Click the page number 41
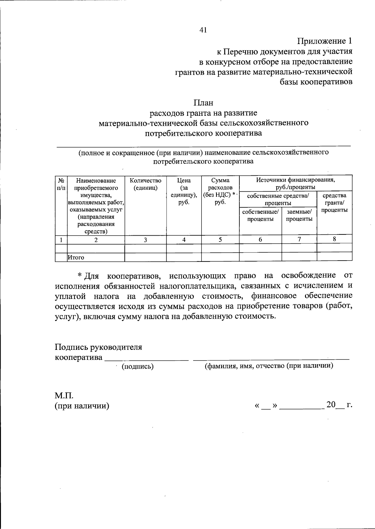[x=203, y=30]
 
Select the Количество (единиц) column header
[x=145, y=184]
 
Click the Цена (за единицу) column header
[x=184, y=191]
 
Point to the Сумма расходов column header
[x=220, y=191]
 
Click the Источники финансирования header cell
[x=296, y=184]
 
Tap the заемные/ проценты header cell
[x=299, y=215]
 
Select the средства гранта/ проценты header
[x=334, y=203]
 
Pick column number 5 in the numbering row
[x=220, y=240]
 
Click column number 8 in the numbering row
[x=334, y=239]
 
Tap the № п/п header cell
[x=61, y=184]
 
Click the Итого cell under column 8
[x=334, y=257]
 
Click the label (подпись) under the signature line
[x=137, y=367]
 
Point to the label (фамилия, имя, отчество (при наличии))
[x=269, y=366]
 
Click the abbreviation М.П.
[x=64, y=396]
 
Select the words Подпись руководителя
[x=98, y=347]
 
